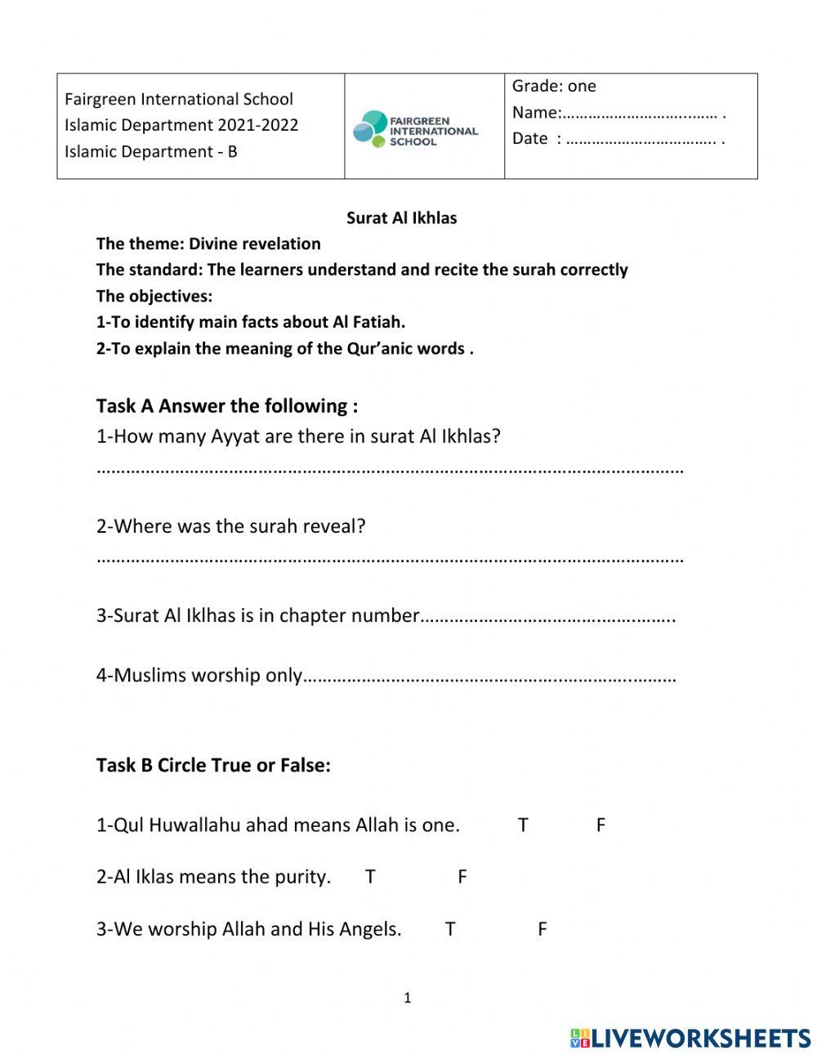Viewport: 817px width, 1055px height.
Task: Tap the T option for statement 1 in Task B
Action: tap(523, 825)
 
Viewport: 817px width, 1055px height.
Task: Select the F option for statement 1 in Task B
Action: tap(600, 825)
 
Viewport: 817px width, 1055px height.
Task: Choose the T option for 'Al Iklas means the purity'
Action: tap(370, 877)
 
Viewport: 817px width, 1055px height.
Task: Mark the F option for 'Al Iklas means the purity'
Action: tap(462, 877)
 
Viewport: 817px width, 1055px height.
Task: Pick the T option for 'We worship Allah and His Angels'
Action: tap(449, 929)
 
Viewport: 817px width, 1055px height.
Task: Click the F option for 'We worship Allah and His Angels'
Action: tap(542, 929)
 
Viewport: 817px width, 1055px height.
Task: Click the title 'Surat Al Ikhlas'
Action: tap(401, 218)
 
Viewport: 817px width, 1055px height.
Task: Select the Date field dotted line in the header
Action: tap(641, 140)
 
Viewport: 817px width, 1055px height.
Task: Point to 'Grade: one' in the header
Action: tap(554, 86)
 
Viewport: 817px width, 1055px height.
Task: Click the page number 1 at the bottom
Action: tap(408, 998)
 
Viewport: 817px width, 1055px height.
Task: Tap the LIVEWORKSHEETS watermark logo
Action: tap(690, 1038)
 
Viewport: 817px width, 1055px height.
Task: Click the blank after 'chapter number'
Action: tap(547, 618)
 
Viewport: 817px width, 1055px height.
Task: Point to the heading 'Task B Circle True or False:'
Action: tap(213, 766)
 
